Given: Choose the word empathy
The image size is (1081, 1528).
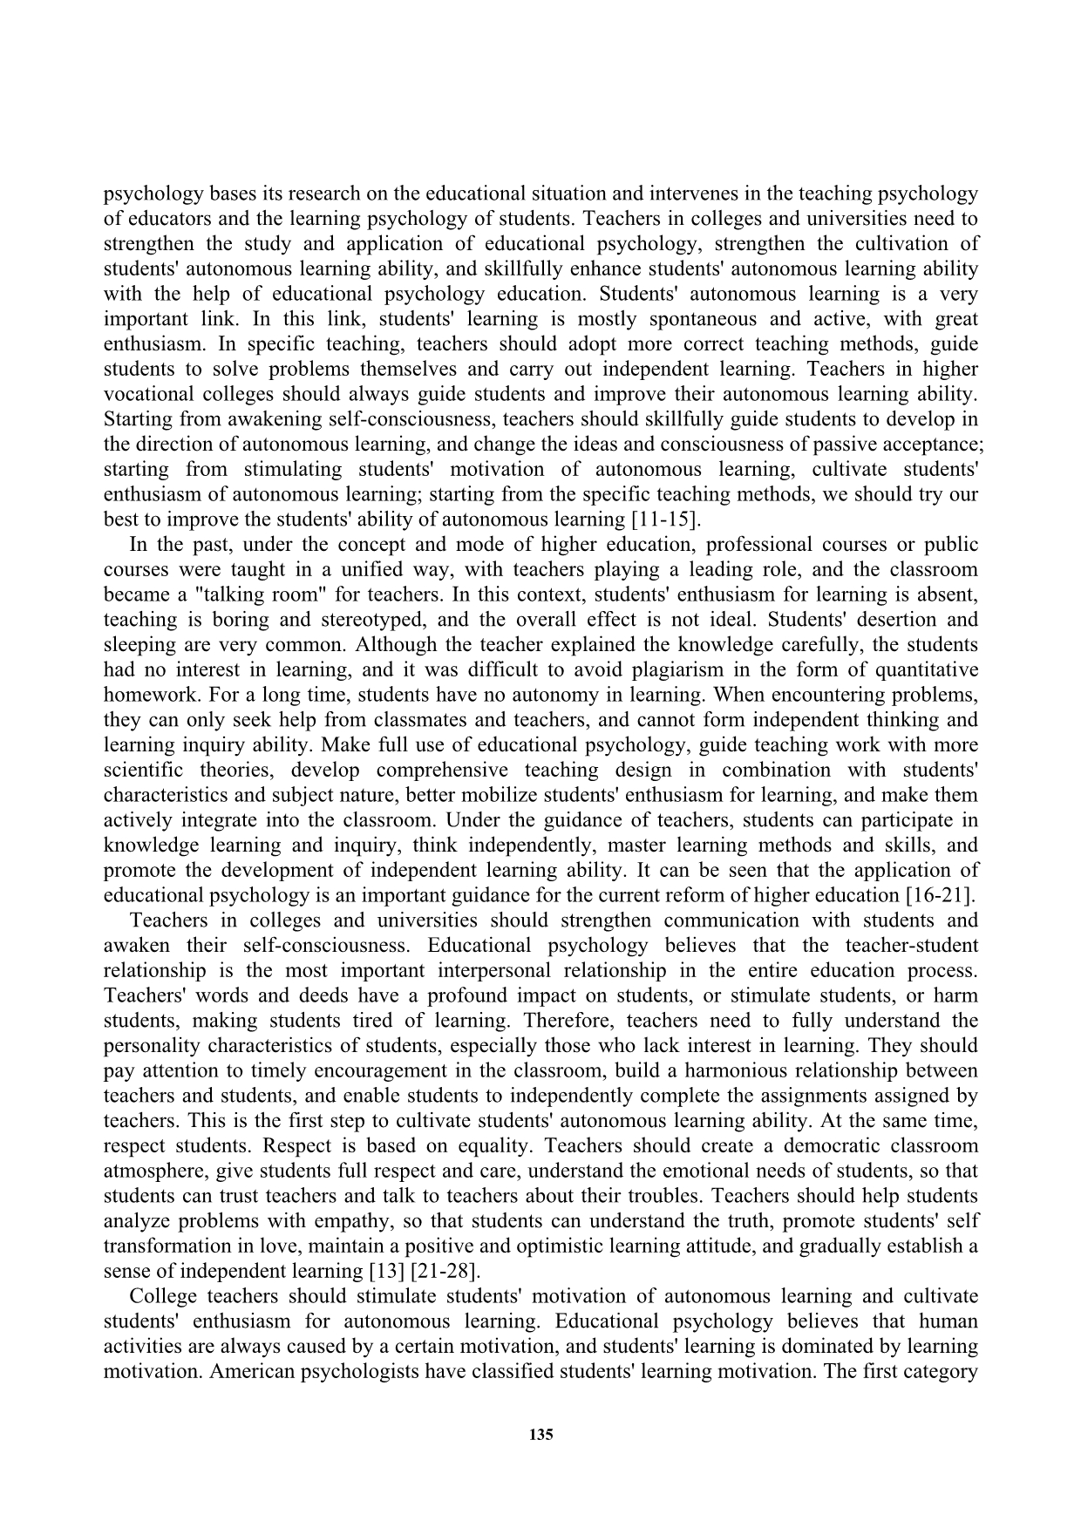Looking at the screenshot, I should (349, 1220).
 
